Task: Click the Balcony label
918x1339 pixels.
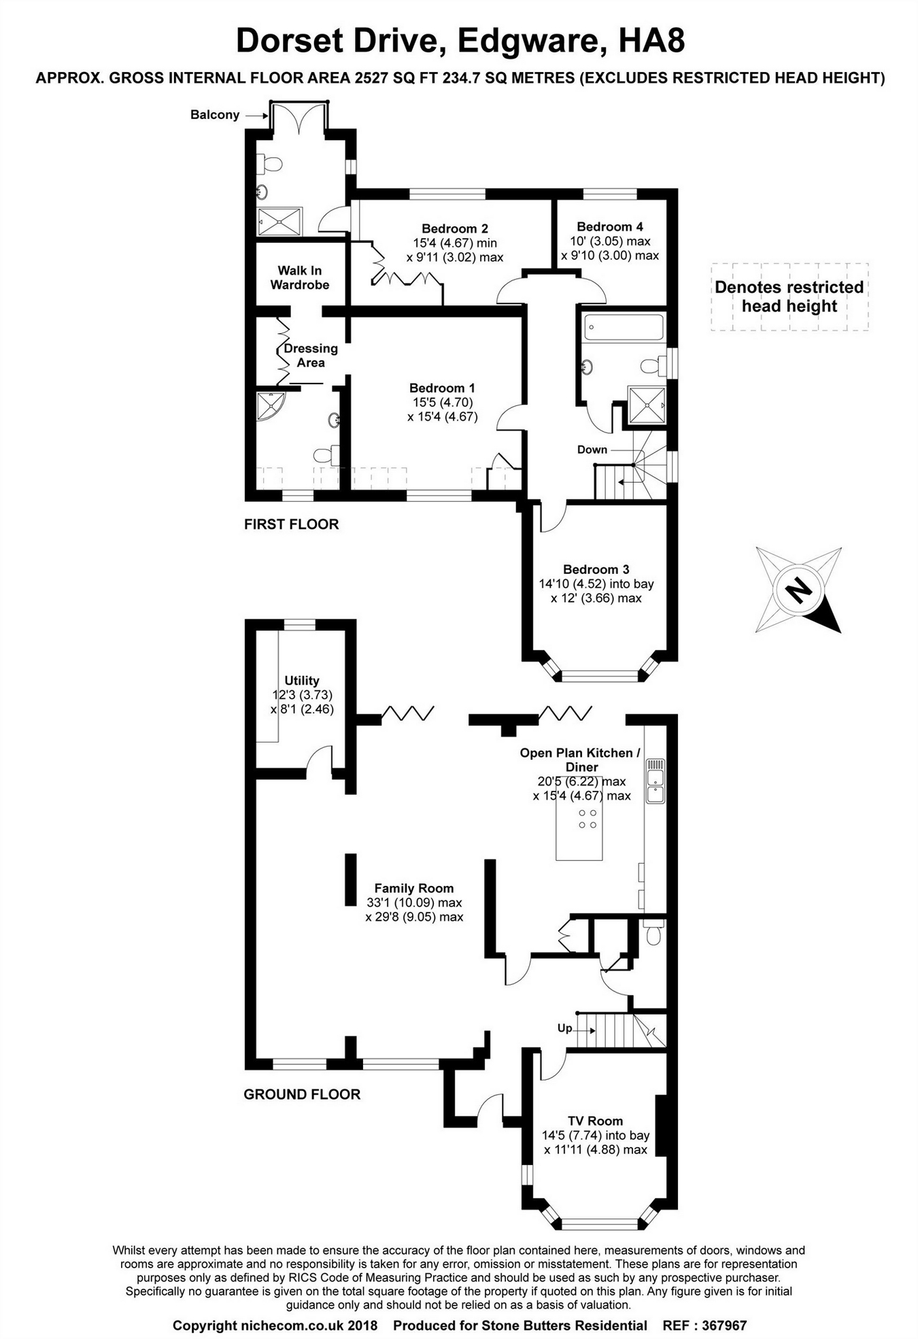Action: pos(215,115)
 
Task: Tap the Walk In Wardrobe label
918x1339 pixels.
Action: pos(300,277)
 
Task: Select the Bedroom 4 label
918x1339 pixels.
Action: pos(610,226)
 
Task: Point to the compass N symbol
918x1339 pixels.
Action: pos(798,590)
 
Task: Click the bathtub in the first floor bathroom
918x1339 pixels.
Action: pos(624,327)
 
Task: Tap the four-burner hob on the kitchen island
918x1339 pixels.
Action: pos(588,819)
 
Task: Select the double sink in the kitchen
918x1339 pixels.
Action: pos(656,781)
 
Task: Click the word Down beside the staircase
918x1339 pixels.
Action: pos(592,450)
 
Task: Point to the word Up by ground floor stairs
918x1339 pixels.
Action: pos(565,1028)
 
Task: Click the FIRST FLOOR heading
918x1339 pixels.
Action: pos(291,524)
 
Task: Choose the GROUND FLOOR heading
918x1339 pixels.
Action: pos(302,1094)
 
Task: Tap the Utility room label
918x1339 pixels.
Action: pos(302,680)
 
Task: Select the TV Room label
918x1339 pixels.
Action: pos(596,1121)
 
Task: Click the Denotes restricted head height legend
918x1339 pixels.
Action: pos(789,296)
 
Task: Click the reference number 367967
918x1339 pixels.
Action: pos(724,1325)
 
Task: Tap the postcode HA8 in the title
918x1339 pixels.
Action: pos(651,41)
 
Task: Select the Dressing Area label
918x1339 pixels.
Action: pos(311,355)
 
